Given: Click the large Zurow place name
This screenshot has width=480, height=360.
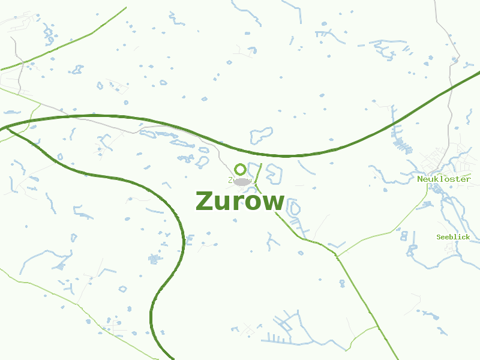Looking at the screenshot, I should tap(240, 202).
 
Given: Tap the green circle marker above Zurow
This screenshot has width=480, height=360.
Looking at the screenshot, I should tap(240, 169).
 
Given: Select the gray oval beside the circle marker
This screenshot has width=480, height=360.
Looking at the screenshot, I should tap(242, 181).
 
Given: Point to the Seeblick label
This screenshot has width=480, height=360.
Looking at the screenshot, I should tap(453, 237).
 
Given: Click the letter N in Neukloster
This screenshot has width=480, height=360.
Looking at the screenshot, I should tap(420, 179).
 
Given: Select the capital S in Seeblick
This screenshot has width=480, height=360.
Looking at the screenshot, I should tap(439, 237).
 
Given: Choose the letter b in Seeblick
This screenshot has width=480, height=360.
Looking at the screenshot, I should tap(453, 237).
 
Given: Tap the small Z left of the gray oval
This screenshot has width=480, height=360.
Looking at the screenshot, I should tap(230, 180).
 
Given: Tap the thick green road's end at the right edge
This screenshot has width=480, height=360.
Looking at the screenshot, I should tap(478, 73).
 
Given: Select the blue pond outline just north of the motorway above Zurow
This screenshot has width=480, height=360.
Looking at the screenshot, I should tap(262, 134).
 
